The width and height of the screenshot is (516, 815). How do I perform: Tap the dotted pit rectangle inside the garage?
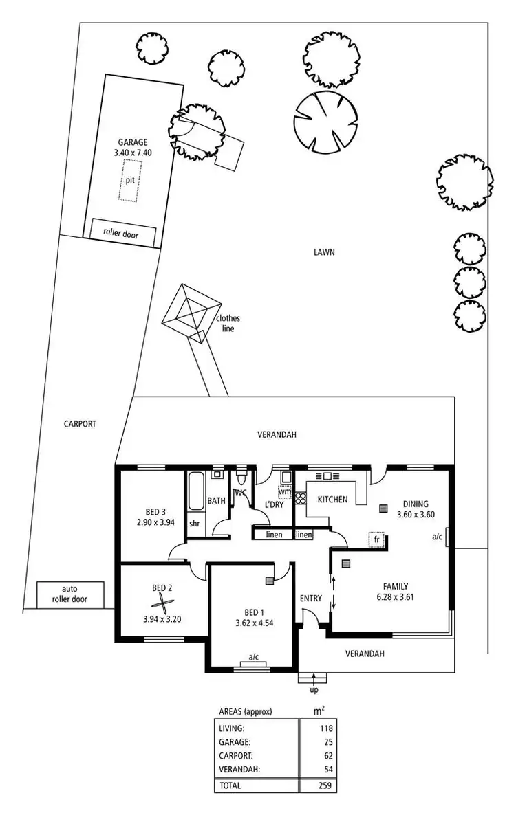[130, 180]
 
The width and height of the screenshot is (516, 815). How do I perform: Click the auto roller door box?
[71, 594]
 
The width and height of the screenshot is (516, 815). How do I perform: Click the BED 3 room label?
[155, 511]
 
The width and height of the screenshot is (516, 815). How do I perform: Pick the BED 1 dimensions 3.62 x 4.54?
[253, 623]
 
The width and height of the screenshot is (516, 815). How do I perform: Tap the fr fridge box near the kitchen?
[375, 539]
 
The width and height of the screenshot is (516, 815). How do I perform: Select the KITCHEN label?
[332, 500]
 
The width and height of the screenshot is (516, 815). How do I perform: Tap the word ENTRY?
[311, 598]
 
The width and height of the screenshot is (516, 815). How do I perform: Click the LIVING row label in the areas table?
[233, 728]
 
